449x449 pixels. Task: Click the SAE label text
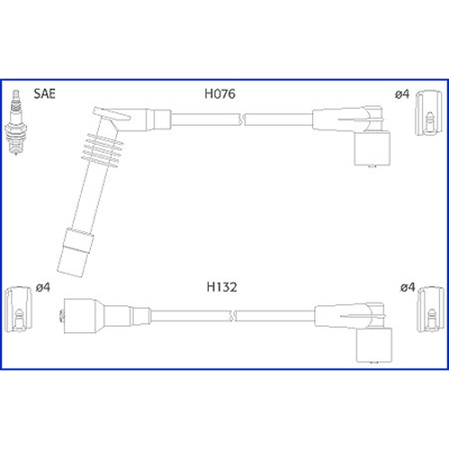[44, 94]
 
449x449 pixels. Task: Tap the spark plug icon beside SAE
[16, 122]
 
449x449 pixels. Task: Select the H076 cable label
[220, 94]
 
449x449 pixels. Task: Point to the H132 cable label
[222, 287]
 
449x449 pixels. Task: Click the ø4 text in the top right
[402, 94]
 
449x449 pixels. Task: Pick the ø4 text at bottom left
[43, 287]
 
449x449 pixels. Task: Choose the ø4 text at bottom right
[408, 287]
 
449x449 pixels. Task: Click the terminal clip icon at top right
[428, 113]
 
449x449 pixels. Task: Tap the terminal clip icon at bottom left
[18, 309]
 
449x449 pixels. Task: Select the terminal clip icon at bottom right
[430, 309]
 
